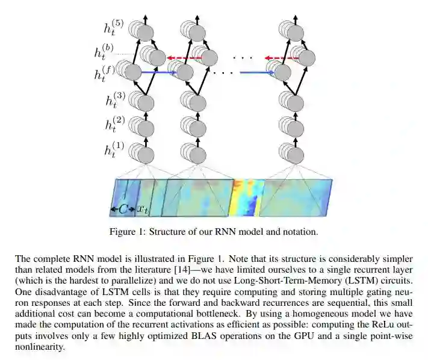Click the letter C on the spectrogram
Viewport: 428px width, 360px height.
click(x=123, y=209)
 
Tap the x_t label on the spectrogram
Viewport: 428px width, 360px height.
click(x=143, y=209)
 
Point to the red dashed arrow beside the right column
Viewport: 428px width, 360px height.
click(x=283, y=58)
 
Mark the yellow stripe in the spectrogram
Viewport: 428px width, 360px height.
click(x=239, y=197)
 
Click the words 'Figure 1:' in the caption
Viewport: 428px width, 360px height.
click(x=126, y=232)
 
